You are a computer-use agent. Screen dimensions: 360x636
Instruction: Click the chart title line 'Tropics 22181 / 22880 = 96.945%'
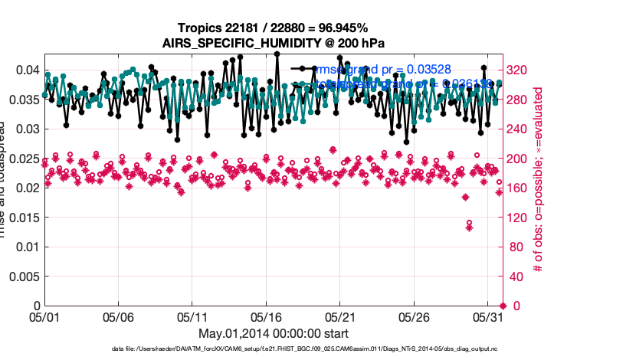click(273, 28)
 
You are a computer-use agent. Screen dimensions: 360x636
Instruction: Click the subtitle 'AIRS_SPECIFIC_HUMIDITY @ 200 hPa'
click(273, 43)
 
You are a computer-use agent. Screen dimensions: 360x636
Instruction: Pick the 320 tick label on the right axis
click(520, 70)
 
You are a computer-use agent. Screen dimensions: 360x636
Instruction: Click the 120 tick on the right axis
click(520, 218)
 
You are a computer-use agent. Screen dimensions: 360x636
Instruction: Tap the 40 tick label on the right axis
click(516, 277)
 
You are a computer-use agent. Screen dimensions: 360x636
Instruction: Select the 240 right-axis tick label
click(520, 129)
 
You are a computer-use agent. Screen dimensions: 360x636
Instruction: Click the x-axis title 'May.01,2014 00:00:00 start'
click(273, 333)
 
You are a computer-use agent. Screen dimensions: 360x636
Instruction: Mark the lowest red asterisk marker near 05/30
click(469, 227)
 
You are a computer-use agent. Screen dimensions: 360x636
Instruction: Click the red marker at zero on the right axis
click(502, 306)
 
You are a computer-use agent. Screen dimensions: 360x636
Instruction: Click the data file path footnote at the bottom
click(273, 349)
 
